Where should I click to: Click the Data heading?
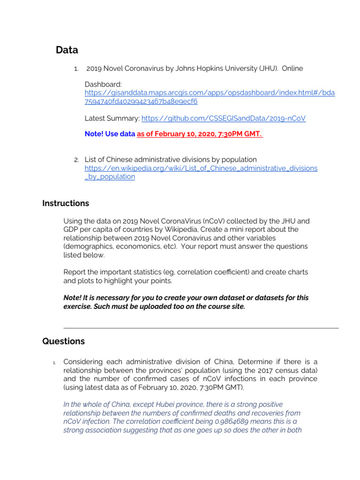67,50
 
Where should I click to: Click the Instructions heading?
66,203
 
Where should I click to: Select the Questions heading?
64,341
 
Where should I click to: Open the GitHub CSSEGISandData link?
223,119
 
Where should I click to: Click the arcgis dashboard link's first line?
210,93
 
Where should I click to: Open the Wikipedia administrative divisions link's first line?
201,168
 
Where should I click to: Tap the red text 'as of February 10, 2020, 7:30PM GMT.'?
200,134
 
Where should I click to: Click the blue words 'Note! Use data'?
110,134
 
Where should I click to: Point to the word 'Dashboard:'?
103,84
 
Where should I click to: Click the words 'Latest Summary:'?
112,119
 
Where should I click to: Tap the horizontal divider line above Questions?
201,328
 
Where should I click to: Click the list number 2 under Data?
75,160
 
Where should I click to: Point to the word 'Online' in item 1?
292,68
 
